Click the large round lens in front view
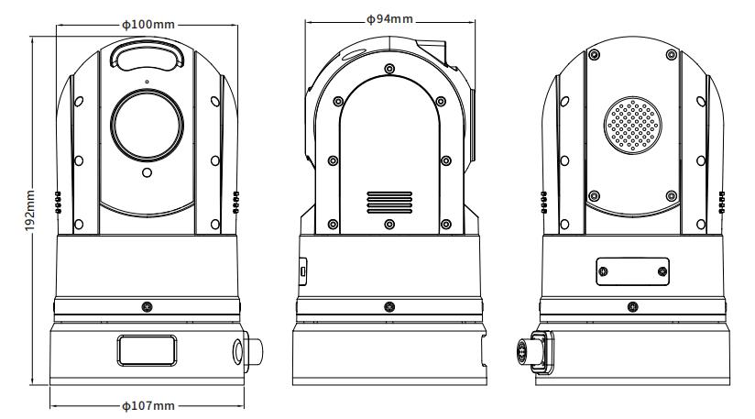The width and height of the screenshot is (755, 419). pos(147,124)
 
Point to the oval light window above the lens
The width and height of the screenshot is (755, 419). pos(147,58)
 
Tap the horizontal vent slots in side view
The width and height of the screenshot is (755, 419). pos(389,201)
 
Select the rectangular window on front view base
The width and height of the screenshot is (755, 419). pos(147,350)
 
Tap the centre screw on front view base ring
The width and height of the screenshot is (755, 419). pos(147,306)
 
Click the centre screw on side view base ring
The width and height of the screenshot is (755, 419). pos(390,306)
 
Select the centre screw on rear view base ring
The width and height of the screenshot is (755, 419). pos(632,306)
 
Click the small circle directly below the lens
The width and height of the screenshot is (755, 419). pos(147,172)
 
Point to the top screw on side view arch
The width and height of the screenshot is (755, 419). pos(390,70)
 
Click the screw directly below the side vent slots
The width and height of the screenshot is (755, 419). pos(390,224)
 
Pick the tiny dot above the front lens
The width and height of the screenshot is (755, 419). pos(147,83)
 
